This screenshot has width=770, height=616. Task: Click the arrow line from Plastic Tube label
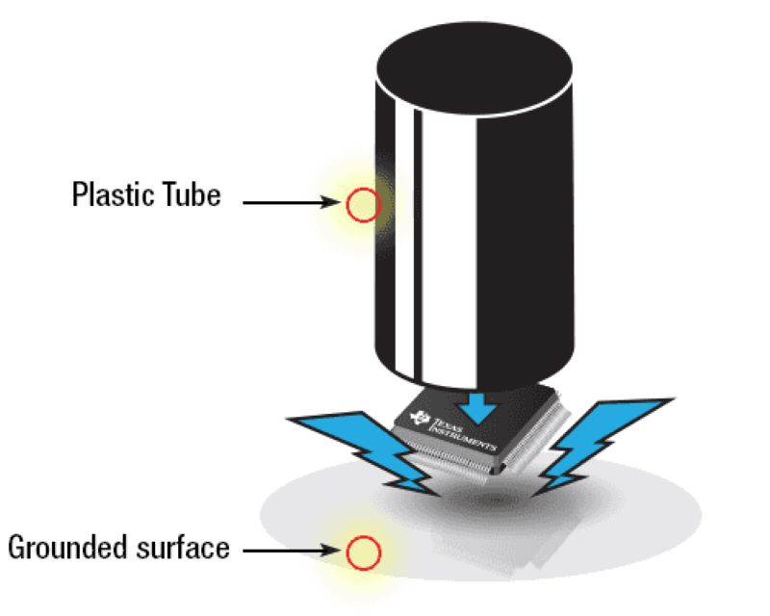[x=285, y=203]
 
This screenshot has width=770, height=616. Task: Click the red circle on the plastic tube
[x=363, y=203]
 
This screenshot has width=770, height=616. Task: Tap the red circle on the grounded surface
[x=363, y=552]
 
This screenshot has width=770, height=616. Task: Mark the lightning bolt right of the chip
[x=591, y=439]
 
